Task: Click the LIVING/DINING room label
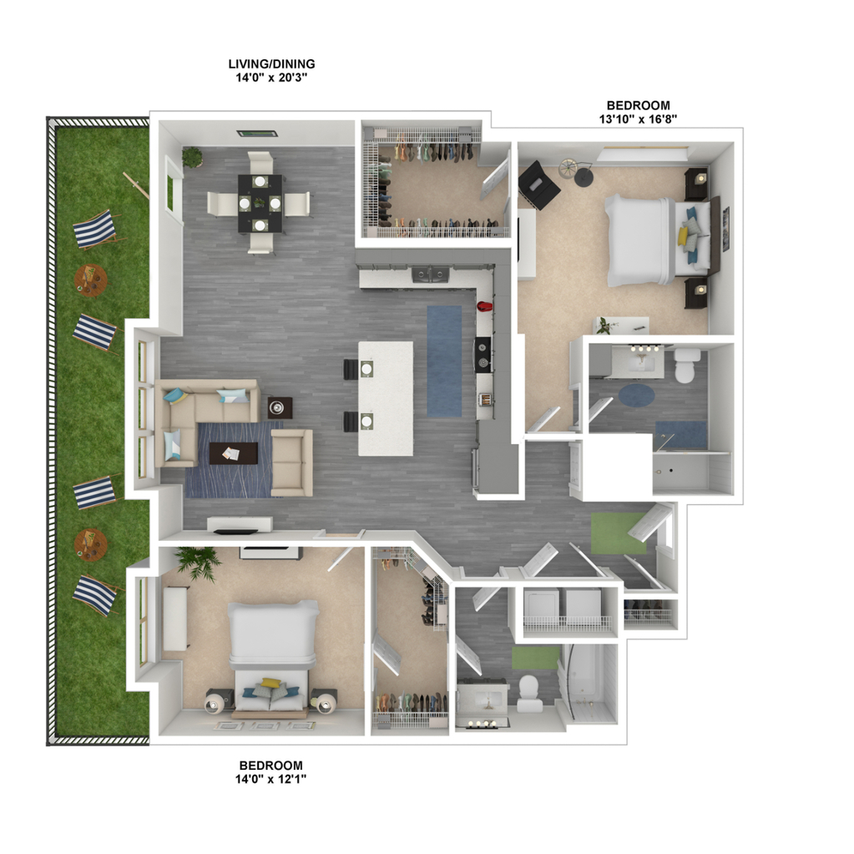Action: tap(271, 63)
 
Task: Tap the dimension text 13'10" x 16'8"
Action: tap(638, 119)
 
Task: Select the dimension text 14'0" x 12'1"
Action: tap(270, 779)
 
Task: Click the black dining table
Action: tap(260, 203)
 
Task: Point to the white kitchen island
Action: tap(386, 398)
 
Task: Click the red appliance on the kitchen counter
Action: tap(485, 306)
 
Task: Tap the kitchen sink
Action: tap(430, 275)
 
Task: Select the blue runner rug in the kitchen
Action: tap(444, 361)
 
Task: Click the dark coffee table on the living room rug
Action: tap(234, 452)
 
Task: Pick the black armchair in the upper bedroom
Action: tap(538, 185)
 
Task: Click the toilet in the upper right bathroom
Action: tap(685, 365)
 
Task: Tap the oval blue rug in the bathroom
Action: tap(636, 395)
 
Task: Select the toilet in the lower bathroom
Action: tap(529, 694)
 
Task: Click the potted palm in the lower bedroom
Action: tap(198, 562)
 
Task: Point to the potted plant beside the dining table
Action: tap(192, 158)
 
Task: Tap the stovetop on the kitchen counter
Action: tap(483, 355)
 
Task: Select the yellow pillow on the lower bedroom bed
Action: tap(270, 683)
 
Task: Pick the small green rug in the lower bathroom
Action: tap(535, 657)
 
